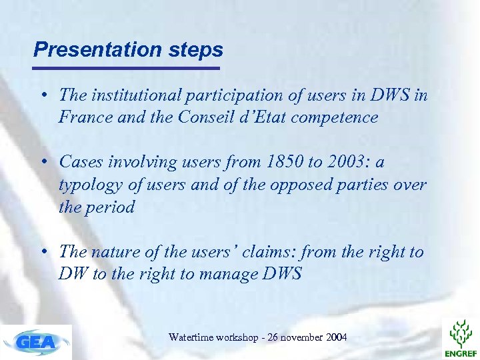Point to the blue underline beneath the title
tap(127, 67)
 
